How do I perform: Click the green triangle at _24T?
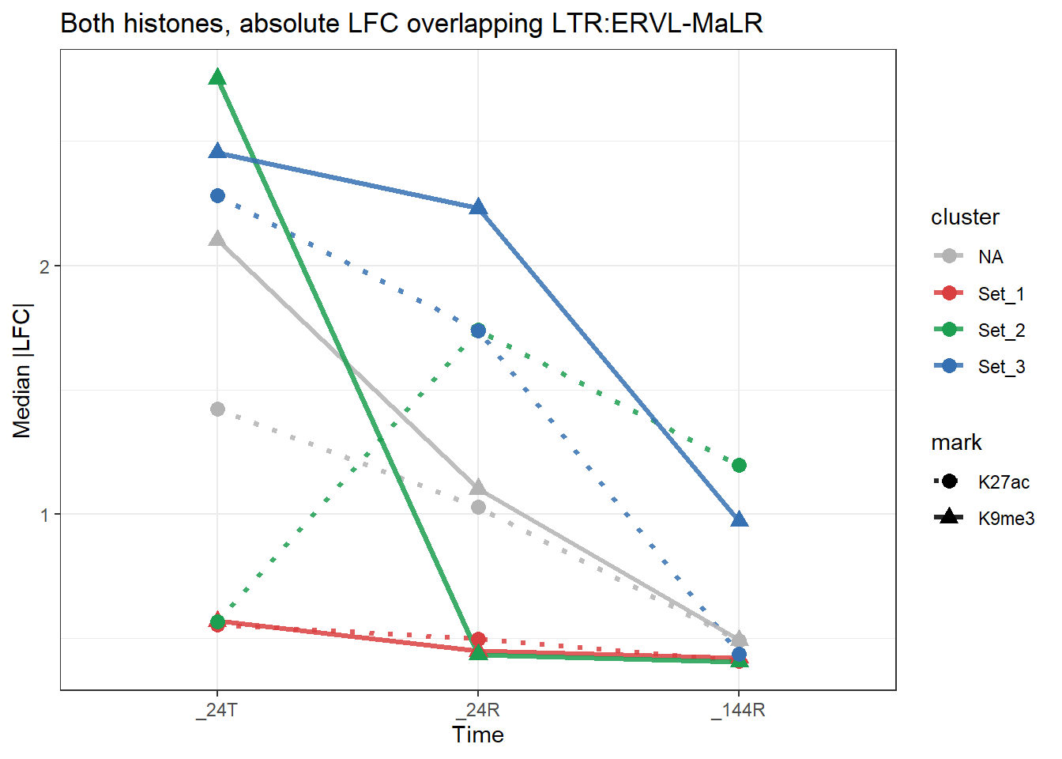tap(217, 77)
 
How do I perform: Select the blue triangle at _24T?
tap(217, 151)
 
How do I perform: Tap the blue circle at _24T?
tap(217, 195)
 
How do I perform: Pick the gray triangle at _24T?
tap(217, 239)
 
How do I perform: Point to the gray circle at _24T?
tap(217, 409)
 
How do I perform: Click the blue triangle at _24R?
tap(478, 208)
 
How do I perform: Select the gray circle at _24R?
tap(478, 507)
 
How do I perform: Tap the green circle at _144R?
tap(739, 465)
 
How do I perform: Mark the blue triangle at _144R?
tap(739, 519)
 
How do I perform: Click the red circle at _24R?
tap(478, 639)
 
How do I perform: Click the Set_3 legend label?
tap(1001, 367)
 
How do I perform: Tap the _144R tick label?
tap(738, 710)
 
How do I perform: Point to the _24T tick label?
tap(217, 710)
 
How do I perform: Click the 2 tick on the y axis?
tap(45, 266)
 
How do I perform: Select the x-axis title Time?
tap(477, 735)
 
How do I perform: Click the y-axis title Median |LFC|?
tap(21, 370)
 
